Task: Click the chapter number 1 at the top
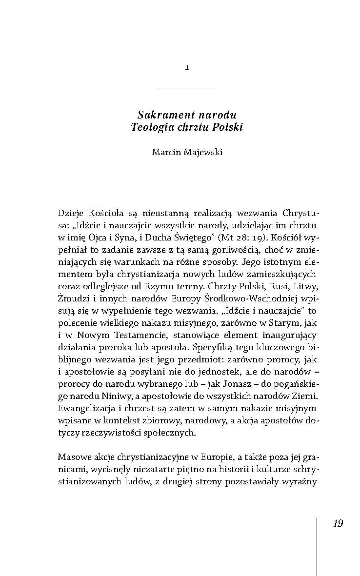coord(187,68)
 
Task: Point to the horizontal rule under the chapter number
coord(187,88)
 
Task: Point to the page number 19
coord(338,523)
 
